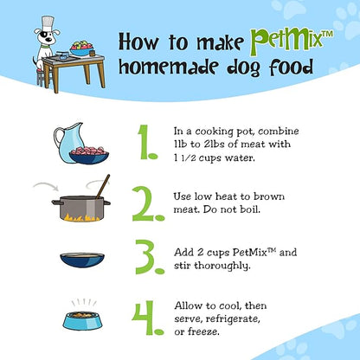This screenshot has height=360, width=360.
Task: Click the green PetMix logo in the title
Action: click(x=292, y=40)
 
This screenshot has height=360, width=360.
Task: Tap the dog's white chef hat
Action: click(x=48, y=22)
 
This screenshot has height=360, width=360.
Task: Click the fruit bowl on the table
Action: click(x=82, y=49)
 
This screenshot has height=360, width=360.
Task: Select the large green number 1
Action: click(x=147, y=142)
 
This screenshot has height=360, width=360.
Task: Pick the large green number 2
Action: click(x=148, y=203)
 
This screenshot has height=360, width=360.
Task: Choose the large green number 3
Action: click(x=150, y=257)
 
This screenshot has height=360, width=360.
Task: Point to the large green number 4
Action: click(x=148, y=318)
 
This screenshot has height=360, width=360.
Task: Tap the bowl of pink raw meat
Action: click(x=89, y=155)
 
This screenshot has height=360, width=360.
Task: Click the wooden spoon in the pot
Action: click(x=103, y=187)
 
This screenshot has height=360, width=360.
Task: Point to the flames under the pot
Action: click(x=80, y=217)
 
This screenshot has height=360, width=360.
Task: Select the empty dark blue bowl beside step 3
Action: click(x=82, y=260)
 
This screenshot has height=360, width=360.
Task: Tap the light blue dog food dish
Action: click(x=83, y=321)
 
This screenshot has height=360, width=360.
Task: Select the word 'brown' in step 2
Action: click(x=269, y=196)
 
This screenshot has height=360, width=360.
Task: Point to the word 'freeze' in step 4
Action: click(x=203, y=331)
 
